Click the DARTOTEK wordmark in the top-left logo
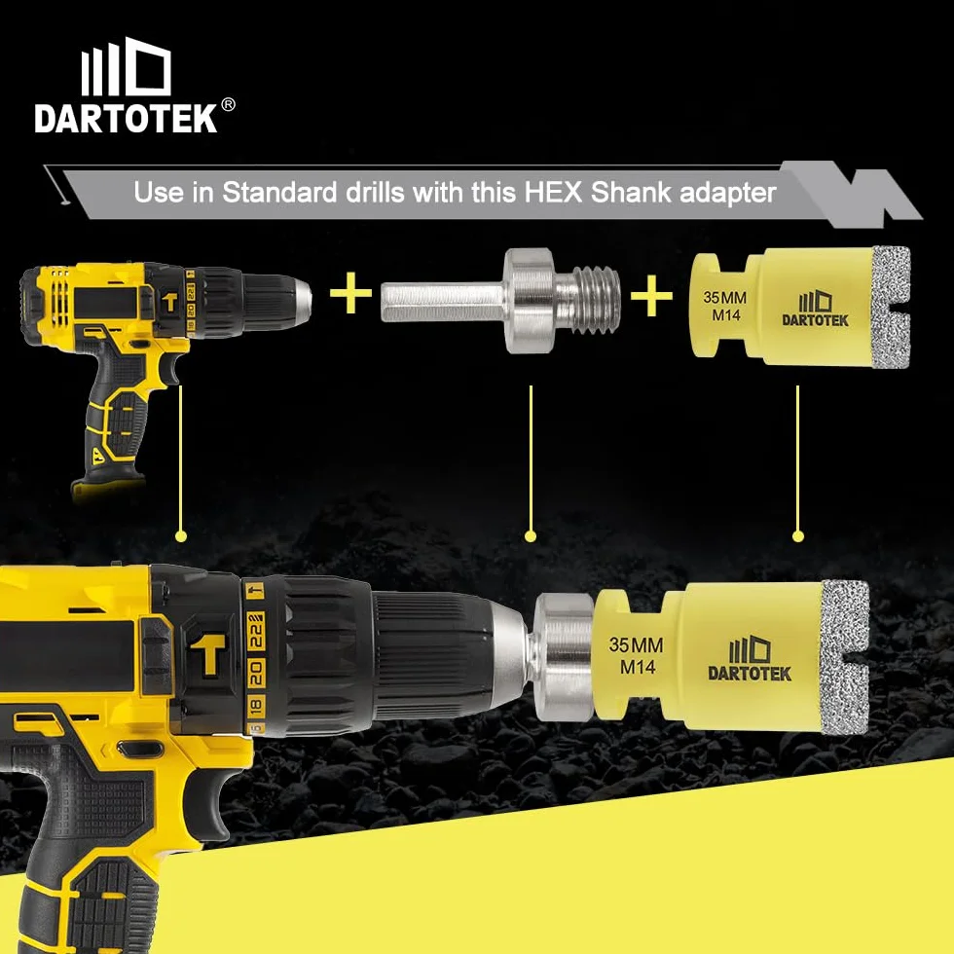(126, 118)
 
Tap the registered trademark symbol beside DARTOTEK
(228, 105)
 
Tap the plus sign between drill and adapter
(350, 293)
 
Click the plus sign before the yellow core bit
(651, 296)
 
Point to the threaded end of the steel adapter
(596, 301)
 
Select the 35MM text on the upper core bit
(724, 298)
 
